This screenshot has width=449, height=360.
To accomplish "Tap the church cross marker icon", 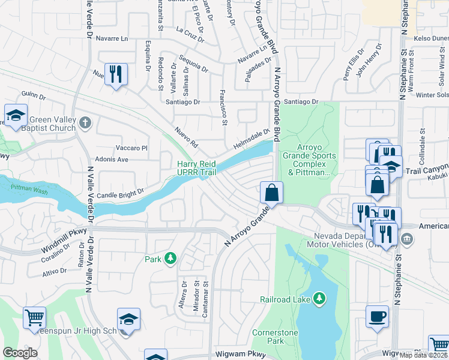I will (86, 124).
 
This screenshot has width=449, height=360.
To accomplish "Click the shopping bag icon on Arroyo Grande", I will (272, 193).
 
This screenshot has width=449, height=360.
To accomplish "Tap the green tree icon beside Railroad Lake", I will (321, 298).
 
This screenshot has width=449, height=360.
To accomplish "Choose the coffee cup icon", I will (377, 316).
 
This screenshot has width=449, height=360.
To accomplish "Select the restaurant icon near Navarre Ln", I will (115, 74).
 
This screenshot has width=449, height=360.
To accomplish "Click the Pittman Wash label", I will (26, 188).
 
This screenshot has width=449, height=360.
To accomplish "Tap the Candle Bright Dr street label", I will (121, 194).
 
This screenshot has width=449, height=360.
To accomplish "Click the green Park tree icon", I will (171, 259).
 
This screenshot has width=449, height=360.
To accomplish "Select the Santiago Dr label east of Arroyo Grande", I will (301, 102).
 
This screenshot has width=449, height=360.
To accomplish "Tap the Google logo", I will (20, 353).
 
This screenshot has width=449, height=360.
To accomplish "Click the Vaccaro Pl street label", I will (131, 148).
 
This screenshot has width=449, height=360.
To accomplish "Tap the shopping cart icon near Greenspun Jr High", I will (34, 317).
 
